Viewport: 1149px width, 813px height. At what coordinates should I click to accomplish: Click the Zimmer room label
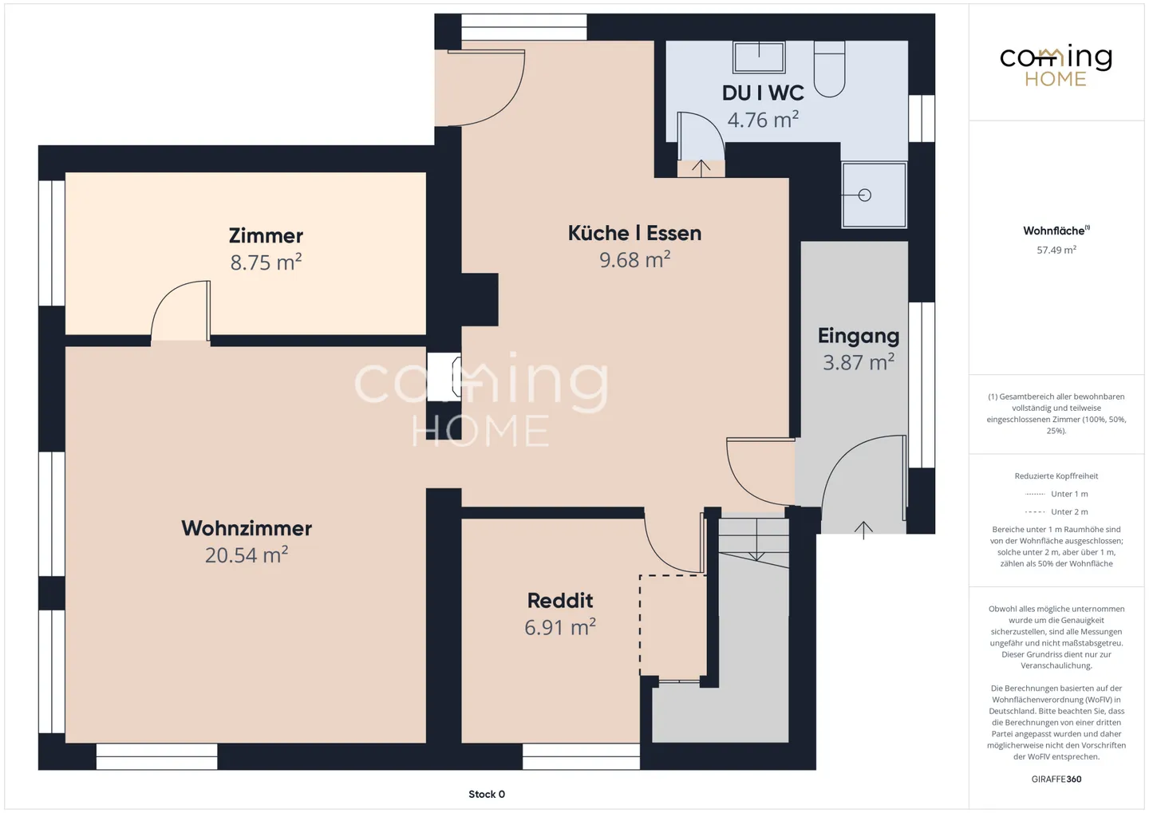coord(266,236)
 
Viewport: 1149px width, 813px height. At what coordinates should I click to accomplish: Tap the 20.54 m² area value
coord(247,555)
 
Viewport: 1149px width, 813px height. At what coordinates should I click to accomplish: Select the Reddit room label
coord(560,600)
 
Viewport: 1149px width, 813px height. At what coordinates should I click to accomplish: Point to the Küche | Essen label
coord(634,234)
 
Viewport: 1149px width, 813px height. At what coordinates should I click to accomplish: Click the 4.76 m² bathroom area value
coord(763,120)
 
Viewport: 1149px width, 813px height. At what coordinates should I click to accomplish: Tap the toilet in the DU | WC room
coord(830,69)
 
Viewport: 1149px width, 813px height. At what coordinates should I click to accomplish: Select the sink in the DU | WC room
coord(759,57)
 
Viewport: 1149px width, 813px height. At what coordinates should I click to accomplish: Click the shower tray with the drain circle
coord(874,195)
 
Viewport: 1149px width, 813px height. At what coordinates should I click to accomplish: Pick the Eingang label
coord(859,336)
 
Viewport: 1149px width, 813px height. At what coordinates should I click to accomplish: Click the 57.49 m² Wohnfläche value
coord(1056,251)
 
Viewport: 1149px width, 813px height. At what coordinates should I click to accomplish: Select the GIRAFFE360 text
coord(1056,779)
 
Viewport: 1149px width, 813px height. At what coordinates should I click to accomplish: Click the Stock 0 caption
coord(487,794)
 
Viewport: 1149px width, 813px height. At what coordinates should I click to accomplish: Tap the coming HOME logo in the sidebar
coord(1056,65)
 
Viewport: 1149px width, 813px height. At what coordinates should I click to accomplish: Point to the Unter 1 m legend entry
coord(1056,494)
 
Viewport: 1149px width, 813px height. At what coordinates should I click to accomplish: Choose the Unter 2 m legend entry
coord(1056,512)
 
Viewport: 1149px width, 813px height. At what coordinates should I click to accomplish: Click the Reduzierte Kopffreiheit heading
coord(1056,476)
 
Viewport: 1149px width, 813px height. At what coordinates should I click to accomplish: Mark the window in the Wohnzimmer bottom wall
coord(157,756)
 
